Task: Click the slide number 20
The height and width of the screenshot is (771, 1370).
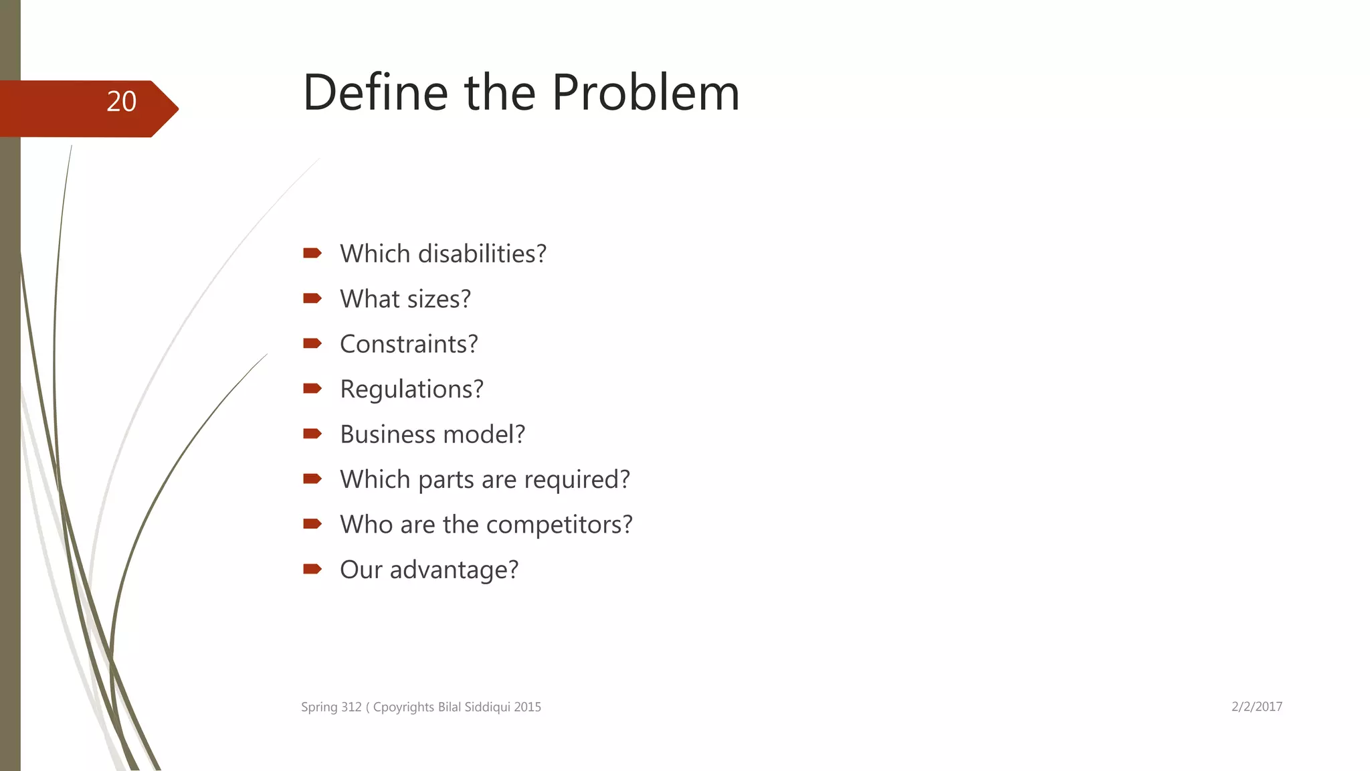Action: coord(121,102)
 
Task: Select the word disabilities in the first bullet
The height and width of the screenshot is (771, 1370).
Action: coord(482,254)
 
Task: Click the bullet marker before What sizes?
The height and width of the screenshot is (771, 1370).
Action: coord(312,298)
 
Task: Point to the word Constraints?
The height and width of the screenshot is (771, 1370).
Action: coord(409,345)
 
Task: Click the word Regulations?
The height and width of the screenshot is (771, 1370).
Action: coord(411,390)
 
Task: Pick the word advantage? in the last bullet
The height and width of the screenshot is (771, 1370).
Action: coord(454,570)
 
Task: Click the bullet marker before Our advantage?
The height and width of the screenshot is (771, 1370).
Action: coord(312,570)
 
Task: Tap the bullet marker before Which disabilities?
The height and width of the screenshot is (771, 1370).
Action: coord(312,253)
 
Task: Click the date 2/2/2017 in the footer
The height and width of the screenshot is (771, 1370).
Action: coord(1256,707)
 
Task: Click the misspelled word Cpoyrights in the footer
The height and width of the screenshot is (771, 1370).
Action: coord(403,707)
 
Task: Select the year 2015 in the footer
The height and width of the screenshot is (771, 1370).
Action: coord(528,707)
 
